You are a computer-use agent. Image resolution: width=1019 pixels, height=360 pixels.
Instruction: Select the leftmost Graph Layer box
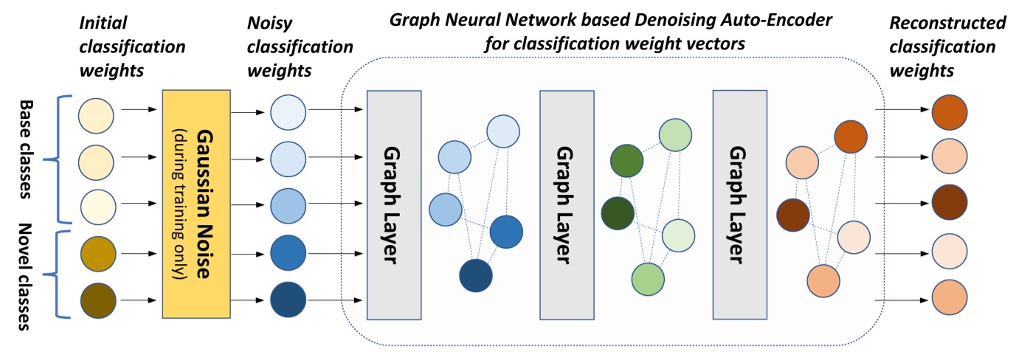pos(393,204)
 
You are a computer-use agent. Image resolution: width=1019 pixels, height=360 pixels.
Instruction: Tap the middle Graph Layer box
pos(567,204)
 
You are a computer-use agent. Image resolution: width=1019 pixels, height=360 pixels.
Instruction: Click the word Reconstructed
pos(947,24)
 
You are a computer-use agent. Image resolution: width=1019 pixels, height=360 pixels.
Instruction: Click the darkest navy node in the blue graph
pos(475,276)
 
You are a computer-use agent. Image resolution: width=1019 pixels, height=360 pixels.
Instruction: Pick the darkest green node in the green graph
pos(618,214)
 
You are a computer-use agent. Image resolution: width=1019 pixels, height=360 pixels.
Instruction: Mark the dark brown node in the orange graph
pos(793,215)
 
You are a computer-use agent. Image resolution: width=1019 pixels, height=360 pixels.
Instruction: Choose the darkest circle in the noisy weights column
pos(287,300)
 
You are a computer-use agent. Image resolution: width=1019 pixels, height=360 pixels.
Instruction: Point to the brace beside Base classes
pos(65,157)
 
